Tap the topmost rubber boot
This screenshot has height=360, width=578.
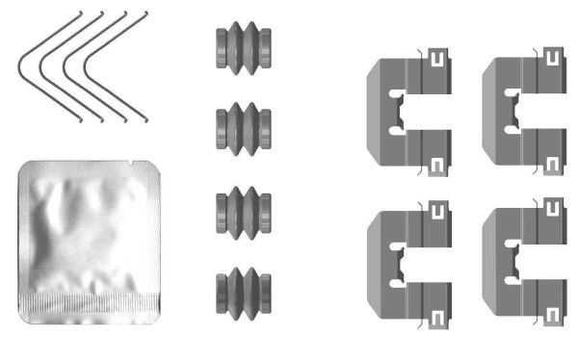(241, 47)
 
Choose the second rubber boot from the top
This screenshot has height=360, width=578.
(241, 126)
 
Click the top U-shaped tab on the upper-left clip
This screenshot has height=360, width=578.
(437, 62)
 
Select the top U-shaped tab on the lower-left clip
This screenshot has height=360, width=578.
(437, 209)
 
